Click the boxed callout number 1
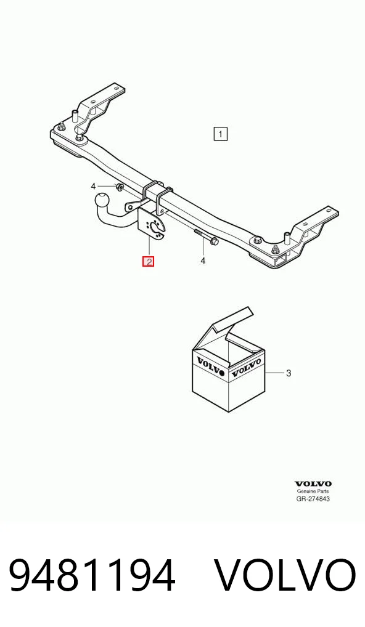tap(221, 134)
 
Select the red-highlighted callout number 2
tap(149, 262)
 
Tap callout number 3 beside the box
tap(288, 373)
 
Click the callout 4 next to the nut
tap(94, 186)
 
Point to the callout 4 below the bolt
tap(203, 261)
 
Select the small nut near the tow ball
tap(119, 187)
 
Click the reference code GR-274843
tap(313, 499)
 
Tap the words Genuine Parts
tap(313, 491)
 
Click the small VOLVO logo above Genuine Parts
tap(313, 484)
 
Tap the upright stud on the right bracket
tap(287, 238)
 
